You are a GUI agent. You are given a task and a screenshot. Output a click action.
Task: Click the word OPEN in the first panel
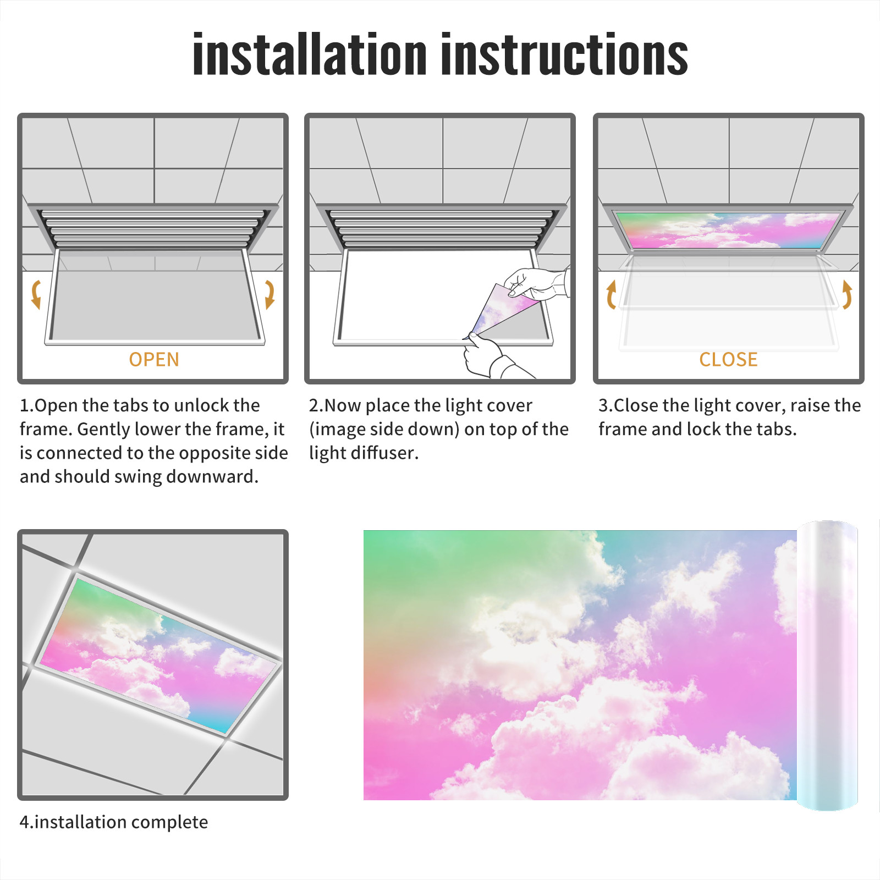tap(154, 360)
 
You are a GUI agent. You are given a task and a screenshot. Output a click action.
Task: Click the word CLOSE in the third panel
tap(728, 360)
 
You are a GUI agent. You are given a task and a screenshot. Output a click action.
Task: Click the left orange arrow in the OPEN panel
tap(36, 294)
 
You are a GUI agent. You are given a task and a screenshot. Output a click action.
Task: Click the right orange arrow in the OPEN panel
tap(269, 294)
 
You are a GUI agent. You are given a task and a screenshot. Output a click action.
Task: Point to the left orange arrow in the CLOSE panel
tap(611, 295)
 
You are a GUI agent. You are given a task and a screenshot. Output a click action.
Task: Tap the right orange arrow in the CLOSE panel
tap(847, 295)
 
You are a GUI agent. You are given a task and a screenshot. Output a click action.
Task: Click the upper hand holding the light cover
tap(536, 284)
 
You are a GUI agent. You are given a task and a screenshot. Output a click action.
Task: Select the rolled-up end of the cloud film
tap(827, 665)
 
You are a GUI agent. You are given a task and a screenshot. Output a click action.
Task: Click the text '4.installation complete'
tap(114, 822)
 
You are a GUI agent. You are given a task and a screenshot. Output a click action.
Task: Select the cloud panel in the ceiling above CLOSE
tap(728, 230)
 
